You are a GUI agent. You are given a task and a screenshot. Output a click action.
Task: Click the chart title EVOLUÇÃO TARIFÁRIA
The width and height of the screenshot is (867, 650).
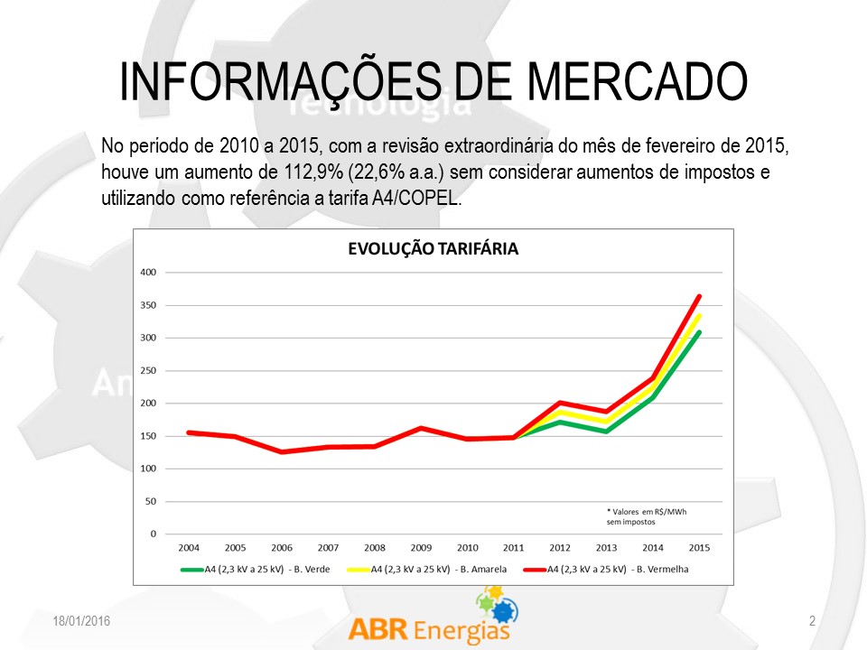pyautogui.click(x=433, y=249)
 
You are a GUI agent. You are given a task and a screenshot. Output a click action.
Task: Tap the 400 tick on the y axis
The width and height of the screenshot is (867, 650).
pyautogui.click(x=149, y=273)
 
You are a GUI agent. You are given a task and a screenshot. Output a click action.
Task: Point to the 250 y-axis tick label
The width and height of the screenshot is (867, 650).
pyautogui.click(x=149, y=371)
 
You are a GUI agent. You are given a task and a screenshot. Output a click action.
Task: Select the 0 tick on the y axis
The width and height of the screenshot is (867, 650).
pyautogui.click(x=153, y=534)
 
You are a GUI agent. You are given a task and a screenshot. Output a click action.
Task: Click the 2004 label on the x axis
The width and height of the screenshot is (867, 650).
pyautogui.click(x=189, y=548)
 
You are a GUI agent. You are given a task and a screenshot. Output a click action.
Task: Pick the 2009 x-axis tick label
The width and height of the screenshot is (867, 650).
pyautogui.click(x=421, y=548)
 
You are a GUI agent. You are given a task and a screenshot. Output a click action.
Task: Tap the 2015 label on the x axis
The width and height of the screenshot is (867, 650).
pyautogui.click(x=699, y=548)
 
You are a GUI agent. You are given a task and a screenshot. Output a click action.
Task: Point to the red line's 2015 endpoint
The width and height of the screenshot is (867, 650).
pyautogui.click(x=699, y=296)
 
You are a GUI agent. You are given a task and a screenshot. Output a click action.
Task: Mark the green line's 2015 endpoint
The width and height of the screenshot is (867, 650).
pyautogui.click(x=699, y=332)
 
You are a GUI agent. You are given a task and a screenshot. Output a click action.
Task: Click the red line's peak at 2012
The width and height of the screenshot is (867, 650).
pyautogui.click(x=560, y=403)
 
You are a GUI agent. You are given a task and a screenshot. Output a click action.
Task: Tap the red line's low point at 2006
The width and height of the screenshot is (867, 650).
pyautogui.click(x=282, y=451)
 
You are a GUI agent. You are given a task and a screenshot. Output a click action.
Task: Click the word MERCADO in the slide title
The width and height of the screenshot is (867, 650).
pyautogui.click(x=637, y=82)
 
